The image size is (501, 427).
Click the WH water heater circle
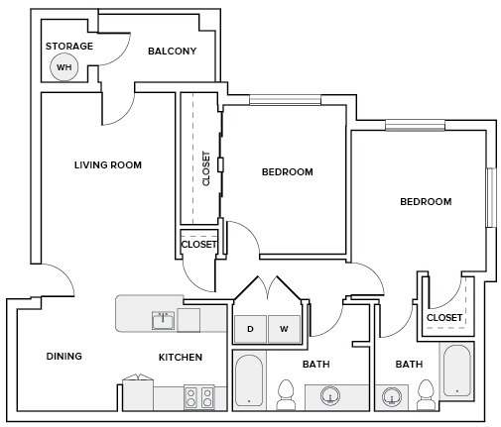pos(63,67)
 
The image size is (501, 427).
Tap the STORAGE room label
pos(69,46)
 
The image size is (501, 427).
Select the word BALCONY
pos(172,51)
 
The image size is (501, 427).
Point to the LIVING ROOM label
pos(108,164)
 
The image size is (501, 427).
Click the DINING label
pos(63,356)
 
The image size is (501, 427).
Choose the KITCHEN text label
pos(181,357)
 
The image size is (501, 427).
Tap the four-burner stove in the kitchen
pos(198,398)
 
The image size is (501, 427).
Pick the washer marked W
pos(283,328)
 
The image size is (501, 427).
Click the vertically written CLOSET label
pos(206,168)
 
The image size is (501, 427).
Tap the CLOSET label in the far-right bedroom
pos(443,317)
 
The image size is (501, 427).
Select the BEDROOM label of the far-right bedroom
pos(425,201)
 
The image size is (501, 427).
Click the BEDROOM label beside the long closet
pos(287,171)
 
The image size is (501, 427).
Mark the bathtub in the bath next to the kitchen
pos(248,381)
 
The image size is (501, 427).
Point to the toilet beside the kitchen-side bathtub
pos(286,394)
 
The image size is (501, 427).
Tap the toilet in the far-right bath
pos(427,393)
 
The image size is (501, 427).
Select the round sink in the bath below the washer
pos(331,398)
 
